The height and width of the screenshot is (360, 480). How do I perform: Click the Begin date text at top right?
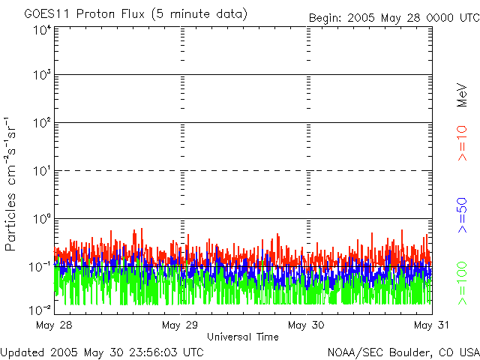click(x=393, y=17)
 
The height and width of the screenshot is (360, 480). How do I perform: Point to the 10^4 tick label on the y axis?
click(x=42, y=31)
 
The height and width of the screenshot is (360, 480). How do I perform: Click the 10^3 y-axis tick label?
click(x=42, y=76)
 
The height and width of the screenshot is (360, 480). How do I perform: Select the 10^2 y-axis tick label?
click(x=42, y=123)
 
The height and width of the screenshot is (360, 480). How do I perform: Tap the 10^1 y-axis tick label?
click(x=42, y=171)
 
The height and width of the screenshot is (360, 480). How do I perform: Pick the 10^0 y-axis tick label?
click(x=42, y=219)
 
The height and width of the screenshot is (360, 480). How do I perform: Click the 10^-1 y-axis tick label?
click(x=40, y=267)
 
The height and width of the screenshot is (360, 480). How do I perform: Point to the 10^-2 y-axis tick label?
click(x=40, y=310)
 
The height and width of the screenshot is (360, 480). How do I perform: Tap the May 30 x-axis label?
click(x=305, y=325)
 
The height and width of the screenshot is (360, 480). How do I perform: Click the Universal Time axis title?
click(x=242, y=337)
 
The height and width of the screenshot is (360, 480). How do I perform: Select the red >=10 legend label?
click(x=462, y=143)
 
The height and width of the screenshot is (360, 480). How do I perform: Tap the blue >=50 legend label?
click(x=462, y=213)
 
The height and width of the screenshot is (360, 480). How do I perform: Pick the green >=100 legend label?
click(x=462, y=282)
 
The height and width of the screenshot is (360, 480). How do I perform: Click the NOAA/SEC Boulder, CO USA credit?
click(x=403, y=351)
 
